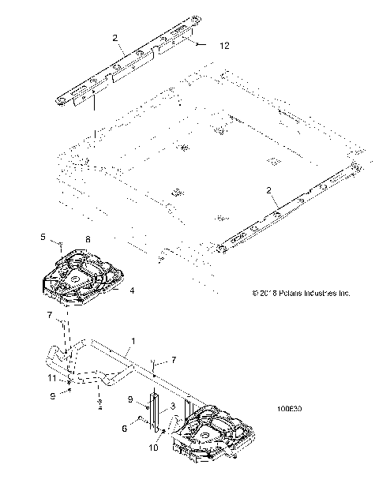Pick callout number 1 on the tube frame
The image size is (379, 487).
[134, 341]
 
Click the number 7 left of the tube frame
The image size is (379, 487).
[49, 316]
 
